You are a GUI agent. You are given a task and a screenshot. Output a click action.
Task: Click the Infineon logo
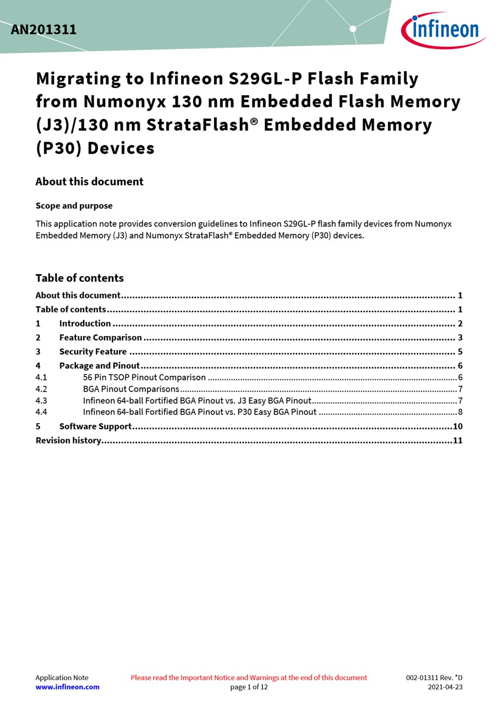point(443,30)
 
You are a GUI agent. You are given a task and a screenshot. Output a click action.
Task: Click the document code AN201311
point(43,30)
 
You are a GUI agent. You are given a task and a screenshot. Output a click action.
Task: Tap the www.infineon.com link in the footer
point(68,687)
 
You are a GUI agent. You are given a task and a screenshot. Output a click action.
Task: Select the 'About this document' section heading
point(89,182)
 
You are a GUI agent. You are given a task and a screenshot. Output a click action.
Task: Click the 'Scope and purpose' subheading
point(74,206)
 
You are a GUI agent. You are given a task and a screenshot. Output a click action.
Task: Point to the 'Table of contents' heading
point(79,278)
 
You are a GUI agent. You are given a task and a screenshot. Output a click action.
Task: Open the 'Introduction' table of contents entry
point(85,323)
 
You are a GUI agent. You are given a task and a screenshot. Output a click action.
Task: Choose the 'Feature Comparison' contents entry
point(100,338)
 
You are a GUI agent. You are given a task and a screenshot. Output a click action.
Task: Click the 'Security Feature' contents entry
point(92,351)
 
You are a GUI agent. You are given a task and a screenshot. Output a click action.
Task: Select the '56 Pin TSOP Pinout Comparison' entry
point(144,377)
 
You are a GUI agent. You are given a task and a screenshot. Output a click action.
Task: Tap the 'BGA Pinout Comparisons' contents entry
point(131,389)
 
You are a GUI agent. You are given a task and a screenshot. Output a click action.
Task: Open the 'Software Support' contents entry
point(95,426)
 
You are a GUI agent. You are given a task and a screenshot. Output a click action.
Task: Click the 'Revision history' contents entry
point(68,440)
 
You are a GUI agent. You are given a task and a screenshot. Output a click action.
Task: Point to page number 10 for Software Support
point(457,426)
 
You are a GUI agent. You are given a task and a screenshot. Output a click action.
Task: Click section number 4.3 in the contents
point(41,400)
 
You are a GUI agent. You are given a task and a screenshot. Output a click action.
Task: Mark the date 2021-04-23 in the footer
point(445,687)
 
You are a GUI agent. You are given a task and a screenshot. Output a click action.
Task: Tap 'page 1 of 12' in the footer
point(249,687)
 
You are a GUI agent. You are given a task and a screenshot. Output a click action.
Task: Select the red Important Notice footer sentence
point(249,677)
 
